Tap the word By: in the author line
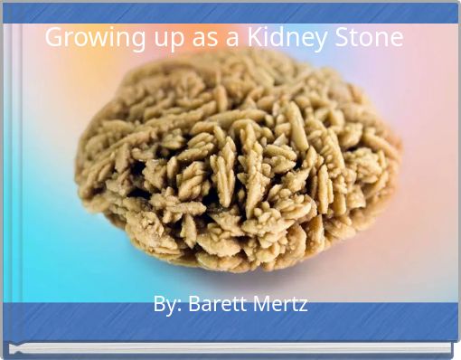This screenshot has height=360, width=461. tap(166, 305)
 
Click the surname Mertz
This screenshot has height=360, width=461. tap(280, 304)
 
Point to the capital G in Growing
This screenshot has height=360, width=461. tap(54, 38)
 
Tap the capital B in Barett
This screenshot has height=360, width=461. tap(193, 304)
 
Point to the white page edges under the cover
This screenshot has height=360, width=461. tap(235, 348)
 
